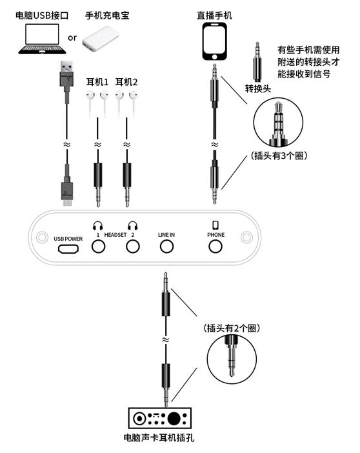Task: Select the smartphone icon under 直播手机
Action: click(215, 41)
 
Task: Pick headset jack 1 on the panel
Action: click(99, 247)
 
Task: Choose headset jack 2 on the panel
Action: click(133, 247)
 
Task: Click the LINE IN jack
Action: click(167, 247)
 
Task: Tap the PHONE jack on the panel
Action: click(215, 247)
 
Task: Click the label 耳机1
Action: click(97, 83)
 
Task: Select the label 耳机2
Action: click(126, 83)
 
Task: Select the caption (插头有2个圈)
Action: click(231, 328)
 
